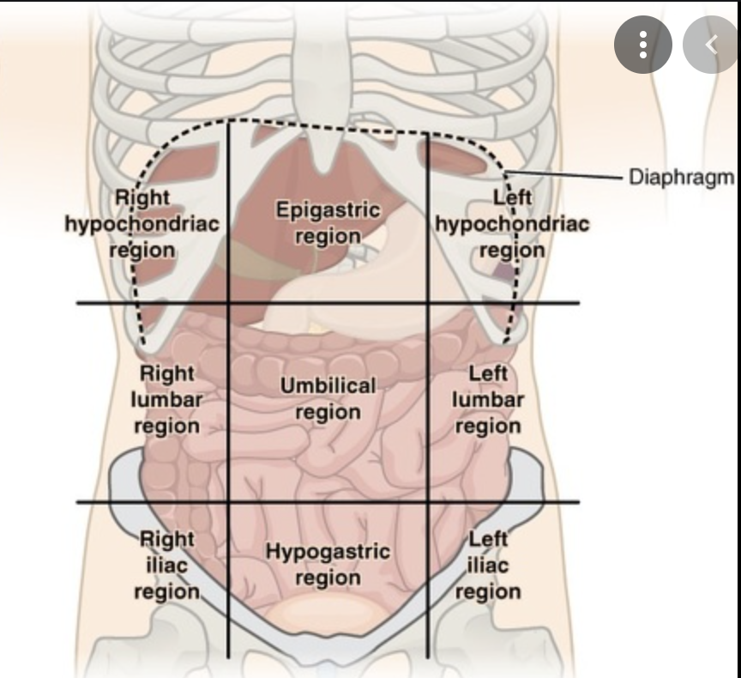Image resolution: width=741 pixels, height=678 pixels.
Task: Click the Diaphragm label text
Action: [x=682, y=177]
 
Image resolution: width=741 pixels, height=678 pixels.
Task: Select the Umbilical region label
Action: [x=328, y=399]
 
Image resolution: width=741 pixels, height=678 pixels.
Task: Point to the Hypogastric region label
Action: [x=327, y=564]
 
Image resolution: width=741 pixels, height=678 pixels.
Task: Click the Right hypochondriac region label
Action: [x=142, y=223]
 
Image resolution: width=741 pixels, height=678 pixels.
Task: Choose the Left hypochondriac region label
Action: [x=512, y=223]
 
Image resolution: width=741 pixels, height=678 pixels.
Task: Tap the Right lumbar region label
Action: [x=166, y=399]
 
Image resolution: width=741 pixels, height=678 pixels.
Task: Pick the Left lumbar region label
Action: [x=488, y=399]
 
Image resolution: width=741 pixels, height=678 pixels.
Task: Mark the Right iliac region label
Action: [x=166, y=565]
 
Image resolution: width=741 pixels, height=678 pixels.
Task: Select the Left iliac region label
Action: [x=488, y=565]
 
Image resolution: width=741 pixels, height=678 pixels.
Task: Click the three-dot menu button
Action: [x=642, y=45]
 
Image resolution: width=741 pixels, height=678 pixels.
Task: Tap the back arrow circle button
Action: [x=710, y=45]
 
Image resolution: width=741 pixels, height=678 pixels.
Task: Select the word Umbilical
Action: [x=328, y=386]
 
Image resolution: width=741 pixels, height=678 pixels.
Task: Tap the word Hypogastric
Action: [x=327, y=551]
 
